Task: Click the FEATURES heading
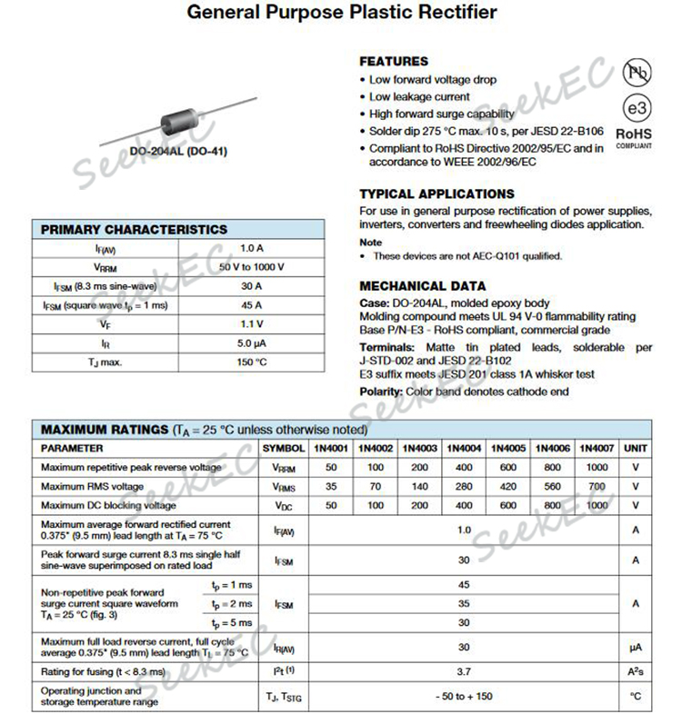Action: [394, 62]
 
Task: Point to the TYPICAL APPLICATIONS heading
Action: [436, 193]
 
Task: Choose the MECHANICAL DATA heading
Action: [423, 285]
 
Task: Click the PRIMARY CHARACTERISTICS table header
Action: [135, 230]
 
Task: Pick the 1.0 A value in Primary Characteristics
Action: [252, 248]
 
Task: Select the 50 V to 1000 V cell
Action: [252, 267]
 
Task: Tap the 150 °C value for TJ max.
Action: [252, 362]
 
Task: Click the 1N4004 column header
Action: [465, 448]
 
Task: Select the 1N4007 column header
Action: [597, 448]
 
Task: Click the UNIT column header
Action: [637, 448]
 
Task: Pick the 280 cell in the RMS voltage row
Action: [465, 486]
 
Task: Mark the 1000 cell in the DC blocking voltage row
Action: [597, 505]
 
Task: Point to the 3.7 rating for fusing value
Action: [465, 671]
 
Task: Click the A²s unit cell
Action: [637, 671]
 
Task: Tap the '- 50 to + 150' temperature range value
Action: [465, 696]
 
